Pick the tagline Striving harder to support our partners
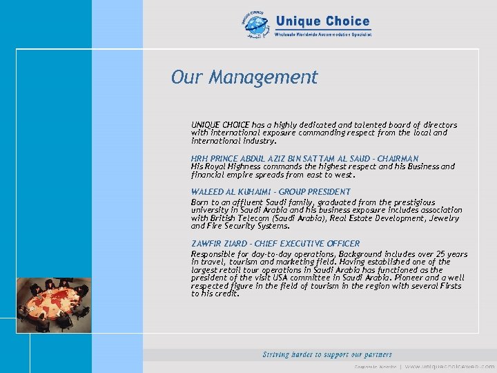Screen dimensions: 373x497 327,354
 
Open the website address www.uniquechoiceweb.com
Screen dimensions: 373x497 449,366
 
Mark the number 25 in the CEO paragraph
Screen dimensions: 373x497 441,254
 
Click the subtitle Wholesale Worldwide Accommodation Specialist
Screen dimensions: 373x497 323,34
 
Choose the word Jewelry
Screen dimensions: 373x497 443,218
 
